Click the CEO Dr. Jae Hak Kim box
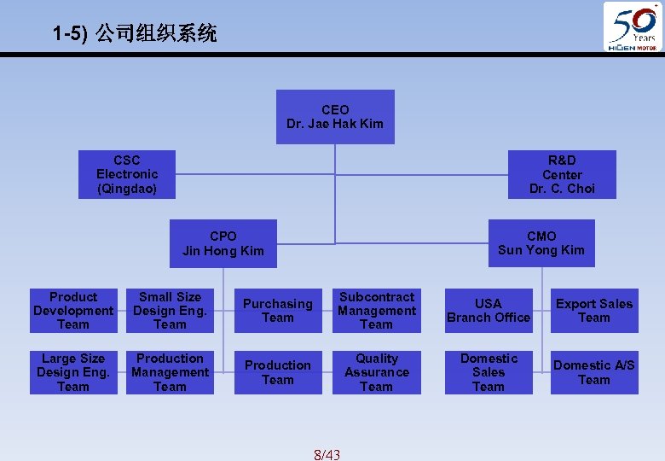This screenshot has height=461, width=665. (335, 117)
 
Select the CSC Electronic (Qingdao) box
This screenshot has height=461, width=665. (127, 174)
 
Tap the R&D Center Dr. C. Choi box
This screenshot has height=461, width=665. (562, 174)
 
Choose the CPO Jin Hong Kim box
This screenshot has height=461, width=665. (223, 243)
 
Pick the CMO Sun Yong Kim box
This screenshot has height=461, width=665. (541, 242)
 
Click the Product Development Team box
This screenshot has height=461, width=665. (73, 311)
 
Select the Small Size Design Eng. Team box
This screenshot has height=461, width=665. (170, 311)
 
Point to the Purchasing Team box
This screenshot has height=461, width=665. (277, 311)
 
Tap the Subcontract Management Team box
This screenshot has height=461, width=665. (376, 311)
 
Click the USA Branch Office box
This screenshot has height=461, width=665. (489, 311)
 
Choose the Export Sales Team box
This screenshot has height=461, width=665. (594, 311)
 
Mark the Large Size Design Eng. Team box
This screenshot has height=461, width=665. (73, 372)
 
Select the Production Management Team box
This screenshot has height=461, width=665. (170, 372)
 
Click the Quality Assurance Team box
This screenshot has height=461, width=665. (376, 372)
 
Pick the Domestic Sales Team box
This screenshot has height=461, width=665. (489, 372)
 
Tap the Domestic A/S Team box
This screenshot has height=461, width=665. (594, 372)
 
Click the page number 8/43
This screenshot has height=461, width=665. (327, 454)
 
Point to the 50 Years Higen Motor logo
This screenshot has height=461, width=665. (632, 26)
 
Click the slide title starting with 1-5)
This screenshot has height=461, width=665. (135, 34)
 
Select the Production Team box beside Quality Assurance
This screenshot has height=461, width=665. (277, 372)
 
